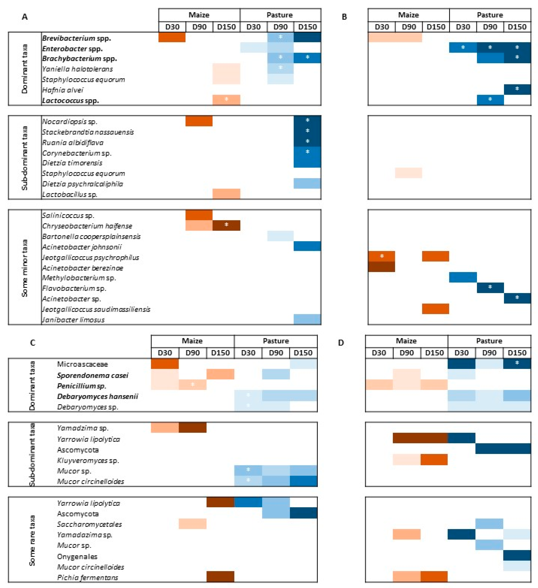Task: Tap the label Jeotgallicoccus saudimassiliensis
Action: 96,309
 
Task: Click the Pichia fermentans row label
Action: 88,577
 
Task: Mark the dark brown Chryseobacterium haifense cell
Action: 226,225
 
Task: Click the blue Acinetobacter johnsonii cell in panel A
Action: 307,246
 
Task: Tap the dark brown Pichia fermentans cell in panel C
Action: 220,577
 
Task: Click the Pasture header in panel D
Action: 489,341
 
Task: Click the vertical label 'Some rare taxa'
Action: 32,540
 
